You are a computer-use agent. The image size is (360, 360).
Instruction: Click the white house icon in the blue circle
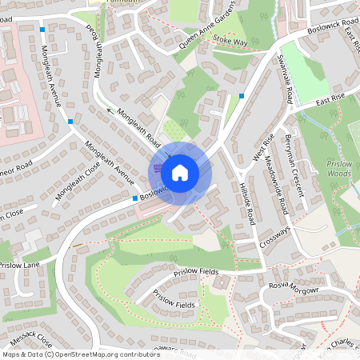180,171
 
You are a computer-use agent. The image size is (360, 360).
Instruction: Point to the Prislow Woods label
339,169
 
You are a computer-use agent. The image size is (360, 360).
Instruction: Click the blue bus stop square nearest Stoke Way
241,96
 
